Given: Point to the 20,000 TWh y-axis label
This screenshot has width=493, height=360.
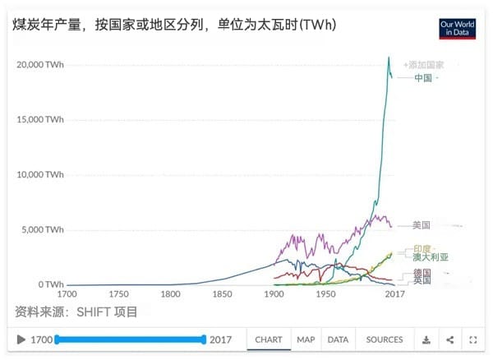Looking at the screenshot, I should tap(40, 64).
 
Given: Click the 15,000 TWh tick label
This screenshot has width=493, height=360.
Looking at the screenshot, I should tap(40, 119).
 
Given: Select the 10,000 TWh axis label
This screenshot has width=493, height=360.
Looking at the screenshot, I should tap(40, 174).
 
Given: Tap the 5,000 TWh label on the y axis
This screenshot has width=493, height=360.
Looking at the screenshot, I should tap(43, 229).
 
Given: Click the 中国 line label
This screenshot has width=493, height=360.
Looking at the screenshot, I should tap(423, 78).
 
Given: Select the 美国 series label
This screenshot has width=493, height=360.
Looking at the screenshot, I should tap(422, 225).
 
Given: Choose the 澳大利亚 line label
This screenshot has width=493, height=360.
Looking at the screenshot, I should tap(431, 257).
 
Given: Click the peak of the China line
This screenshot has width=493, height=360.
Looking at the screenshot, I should tap(389, 57).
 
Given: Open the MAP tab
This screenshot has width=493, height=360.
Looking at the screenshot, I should tap(306, 339).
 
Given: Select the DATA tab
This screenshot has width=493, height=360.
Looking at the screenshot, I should tap(338, 339).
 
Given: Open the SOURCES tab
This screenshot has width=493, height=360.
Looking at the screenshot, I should tap(384, 339).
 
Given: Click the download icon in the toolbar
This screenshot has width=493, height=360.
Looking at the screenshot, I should tap(426, 339).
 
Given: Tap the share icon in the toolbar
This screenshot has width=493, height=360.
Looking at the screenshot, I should tap(450, 339).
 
